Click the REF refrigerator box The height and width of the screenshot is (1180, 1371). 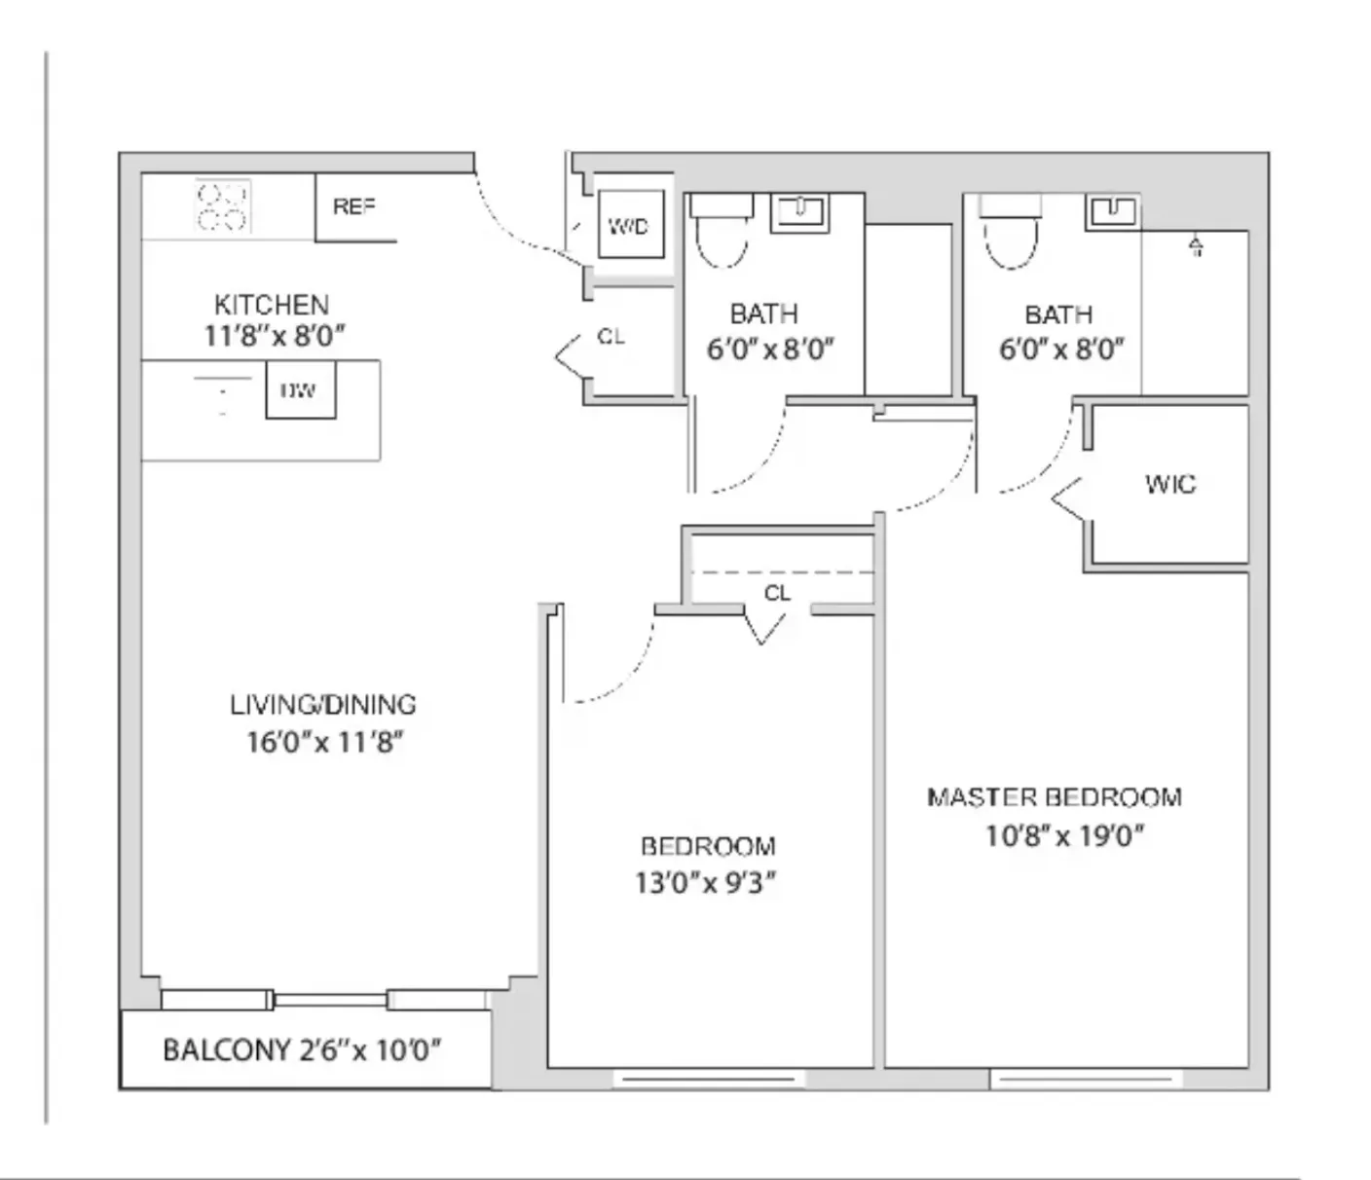(355, 207)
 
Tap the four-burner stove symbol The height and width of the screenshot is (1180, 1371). (223, 206)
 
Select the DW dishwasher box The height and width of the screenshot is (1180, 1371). (300, 390)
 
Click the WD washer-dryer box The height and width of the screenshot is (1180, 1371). (629, 226)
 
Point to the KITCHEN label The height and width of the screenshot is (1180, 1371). (272, 304)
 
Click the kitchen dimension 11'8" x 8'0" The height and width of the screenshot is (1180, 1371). (275, 337)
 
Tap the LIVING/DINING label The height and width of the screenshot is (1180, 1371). (323, 705)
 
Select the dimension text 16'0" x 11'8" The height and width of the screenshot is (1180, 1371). (324, 743)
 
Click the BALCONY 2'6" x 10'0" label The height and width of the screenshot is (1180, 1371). (302, 1051)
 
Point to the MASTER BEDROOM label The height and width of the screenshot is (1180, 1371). (1055, 798)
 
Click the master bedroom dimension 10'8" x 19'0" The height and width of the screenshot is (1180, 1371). (1064, 836)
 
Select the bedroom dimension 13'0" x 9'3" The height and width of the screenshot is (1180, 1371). (706, 883)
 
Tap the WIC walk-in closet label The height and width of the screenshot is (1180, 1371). (1170, 484)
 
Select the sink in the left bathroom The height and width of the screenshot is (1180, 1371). (799, 211)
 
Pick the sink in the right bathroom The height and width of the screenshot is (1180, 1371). (1113, 209)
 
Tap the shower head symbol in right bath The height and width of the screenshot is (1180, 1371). (1196, 246)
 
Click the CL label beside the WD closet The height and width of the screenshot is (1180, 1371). (611, 337)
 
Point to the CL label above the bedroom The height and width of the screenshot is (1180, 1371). (777, 593)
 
